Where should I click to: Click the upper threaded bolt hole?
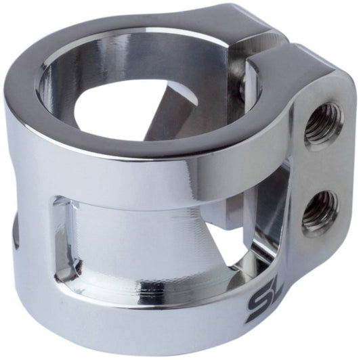tap(321, 124)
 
